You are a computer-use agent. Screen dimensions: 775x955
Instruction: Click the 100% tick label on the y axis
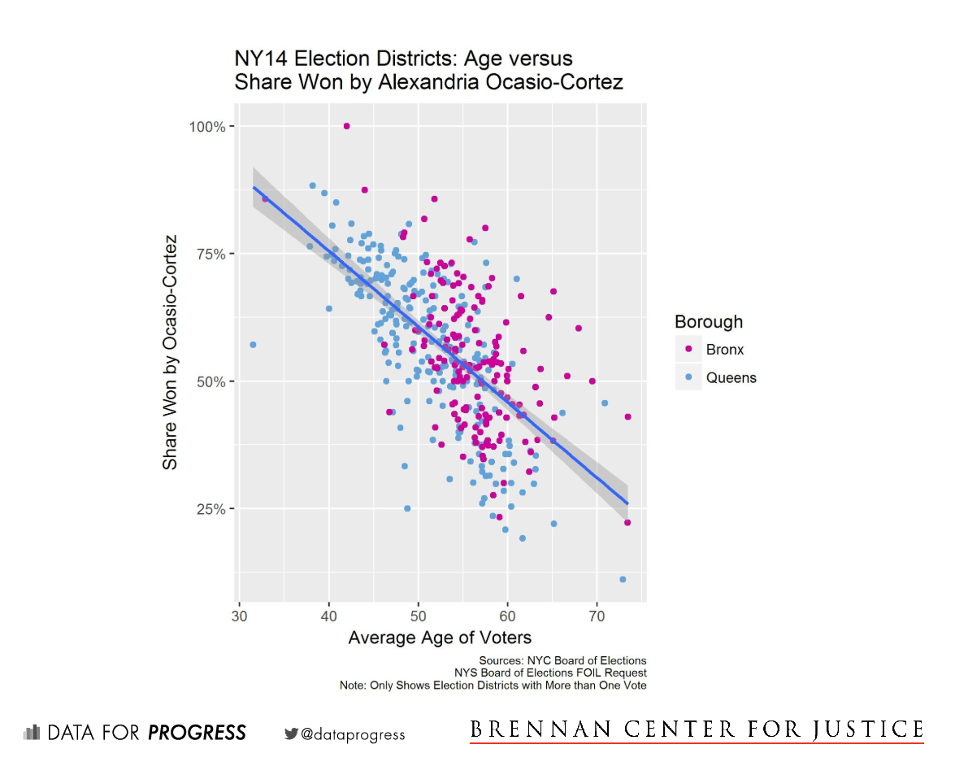207,126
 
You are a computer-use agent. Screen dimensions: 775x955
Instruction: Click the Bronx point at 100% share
347,126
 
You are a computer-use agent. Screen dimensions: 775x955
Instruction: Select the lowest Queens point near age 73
623,579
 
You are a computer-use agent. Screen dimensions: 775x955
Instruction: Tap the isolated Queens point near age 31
253,345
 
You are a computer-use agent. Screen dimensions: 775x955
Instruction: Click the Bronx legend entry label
725,350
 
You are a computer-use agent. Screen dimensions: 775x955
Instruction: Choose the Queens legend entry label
731,377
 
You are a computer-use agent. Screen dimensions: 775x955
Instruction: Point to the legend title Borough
709,322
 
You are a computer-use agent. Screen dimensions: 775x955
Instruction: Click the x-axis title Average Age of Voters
440,638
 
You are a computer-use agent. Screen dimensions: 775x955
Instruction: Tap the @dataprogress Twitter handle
353,734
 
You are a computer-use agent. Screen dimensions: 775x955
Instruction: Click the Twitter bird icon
291,734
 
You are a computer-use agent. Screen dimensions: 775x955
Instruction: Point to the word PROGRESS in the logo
197,734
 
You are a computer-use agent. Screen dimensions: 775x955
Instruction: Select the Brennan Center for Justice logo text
697,729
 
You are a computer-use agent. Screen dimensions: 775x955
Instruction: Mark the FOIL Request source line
550,673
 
